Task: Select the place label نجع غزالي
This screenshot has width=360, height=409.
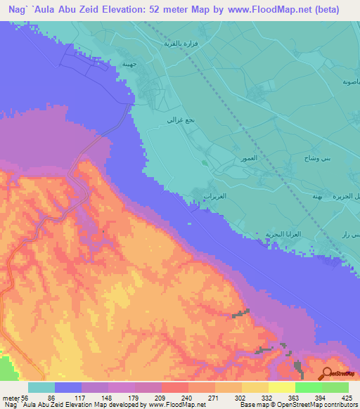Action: [175, 121]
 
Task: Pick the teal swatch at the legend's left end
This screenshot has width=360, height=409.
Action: [41, 387]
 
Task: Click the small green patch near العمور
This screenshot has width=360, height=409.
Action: [205, 163]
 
